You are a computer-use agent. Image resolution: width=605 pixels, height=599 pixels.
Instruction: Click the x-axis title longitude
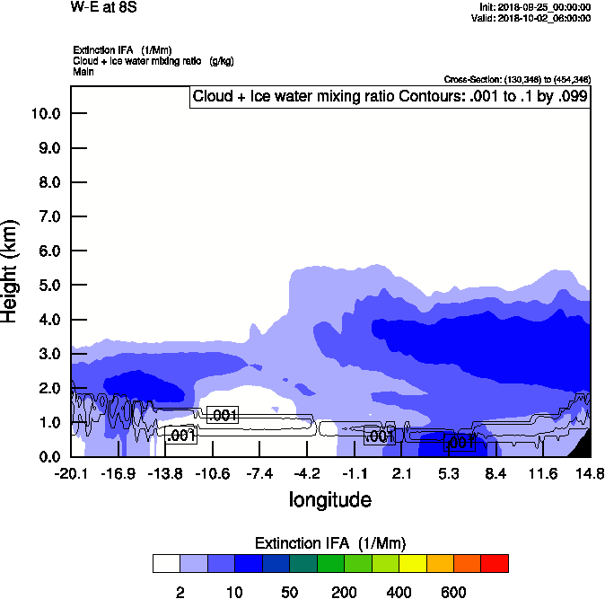tap(329, 498)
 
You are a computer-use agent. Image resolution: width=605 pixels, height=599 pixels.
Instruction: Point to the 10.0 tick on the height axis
tap(45, 113)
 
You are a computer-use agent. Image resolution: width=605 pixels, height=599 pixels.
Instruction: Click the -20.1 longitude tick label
tap(70, 473)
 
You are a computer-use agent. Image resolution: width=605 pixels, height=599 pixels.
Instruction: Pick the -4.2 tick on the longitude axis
tap(307, 473)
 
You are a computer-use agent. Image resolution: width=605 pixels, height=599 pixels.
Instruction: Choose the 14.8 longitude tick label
tap(590, 473)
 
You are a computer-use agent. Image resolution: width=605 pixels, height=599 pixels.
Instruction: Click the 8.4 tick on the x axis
tap(495, 473)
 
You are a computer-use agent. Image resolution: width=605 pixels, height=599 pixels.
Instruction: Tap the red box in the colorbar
tap(494, 564)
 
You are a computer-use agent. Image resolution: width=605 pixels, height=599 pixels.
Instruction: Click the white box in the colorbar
tap(166, 564)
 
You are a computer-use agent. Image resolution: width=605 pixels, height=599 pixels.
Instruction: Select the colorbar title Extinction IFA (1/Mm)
tap(329, 543)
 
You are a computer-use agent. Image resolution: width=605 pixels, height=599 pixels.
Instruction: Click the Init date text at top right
tap(536, 7)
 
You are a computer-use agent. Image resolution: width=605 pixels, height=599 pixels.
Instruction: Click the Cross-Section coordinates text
tap(516, 80)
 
